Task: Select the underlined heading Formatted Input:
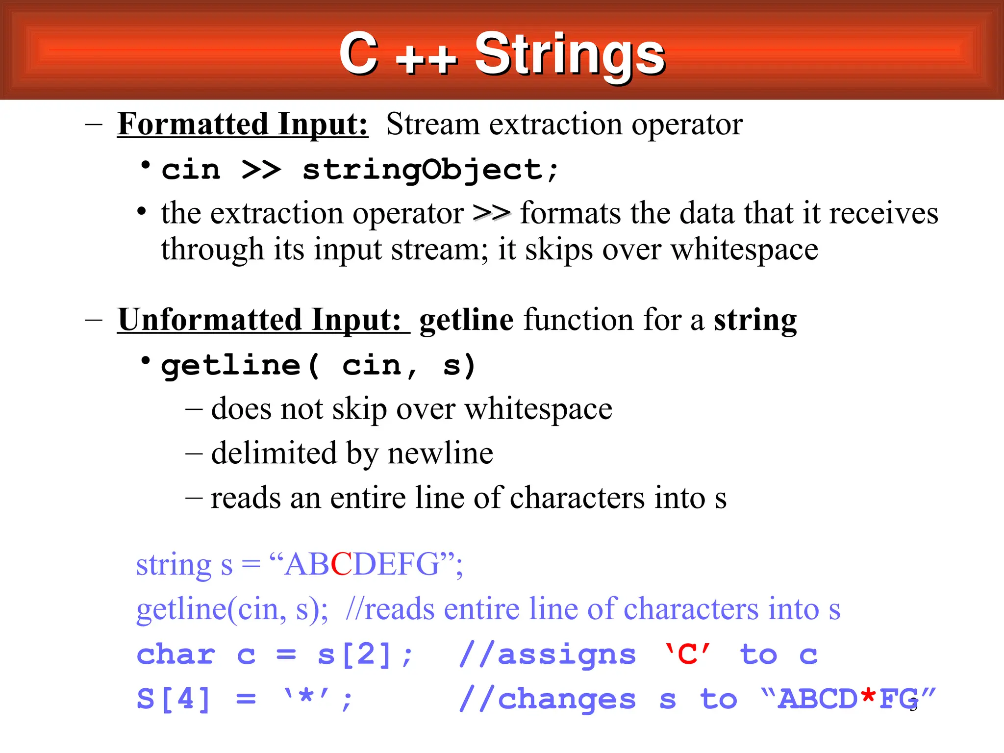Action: click(x=243, y=124)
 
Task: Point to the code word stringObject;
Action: click(x=430, y=170)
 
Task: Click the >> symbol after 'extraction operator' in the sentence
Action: click(x=492, y=213)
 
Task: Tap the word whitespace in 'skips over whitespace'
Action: click(x=744, y=250)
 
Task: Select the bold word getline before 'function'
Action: click(x=466, y=320)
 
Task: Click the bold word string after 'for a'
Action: click(x=755, y=320)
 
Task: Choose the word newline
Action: click(x=440, y=453)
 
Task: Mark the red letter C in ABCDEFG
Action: click(x=342, y=564)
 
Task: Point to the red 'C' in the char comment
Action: click(x=687, y=654)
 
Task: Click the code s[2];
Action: click(x=365, y=654)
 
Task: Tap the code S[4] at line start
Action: click(x=174, y=699)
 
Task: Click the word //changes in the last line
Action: click(x=548, y=699)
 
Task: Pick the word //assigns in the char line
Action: click(x=548, y=654)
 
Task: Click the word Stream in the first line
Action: click(x=433, y=124)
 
